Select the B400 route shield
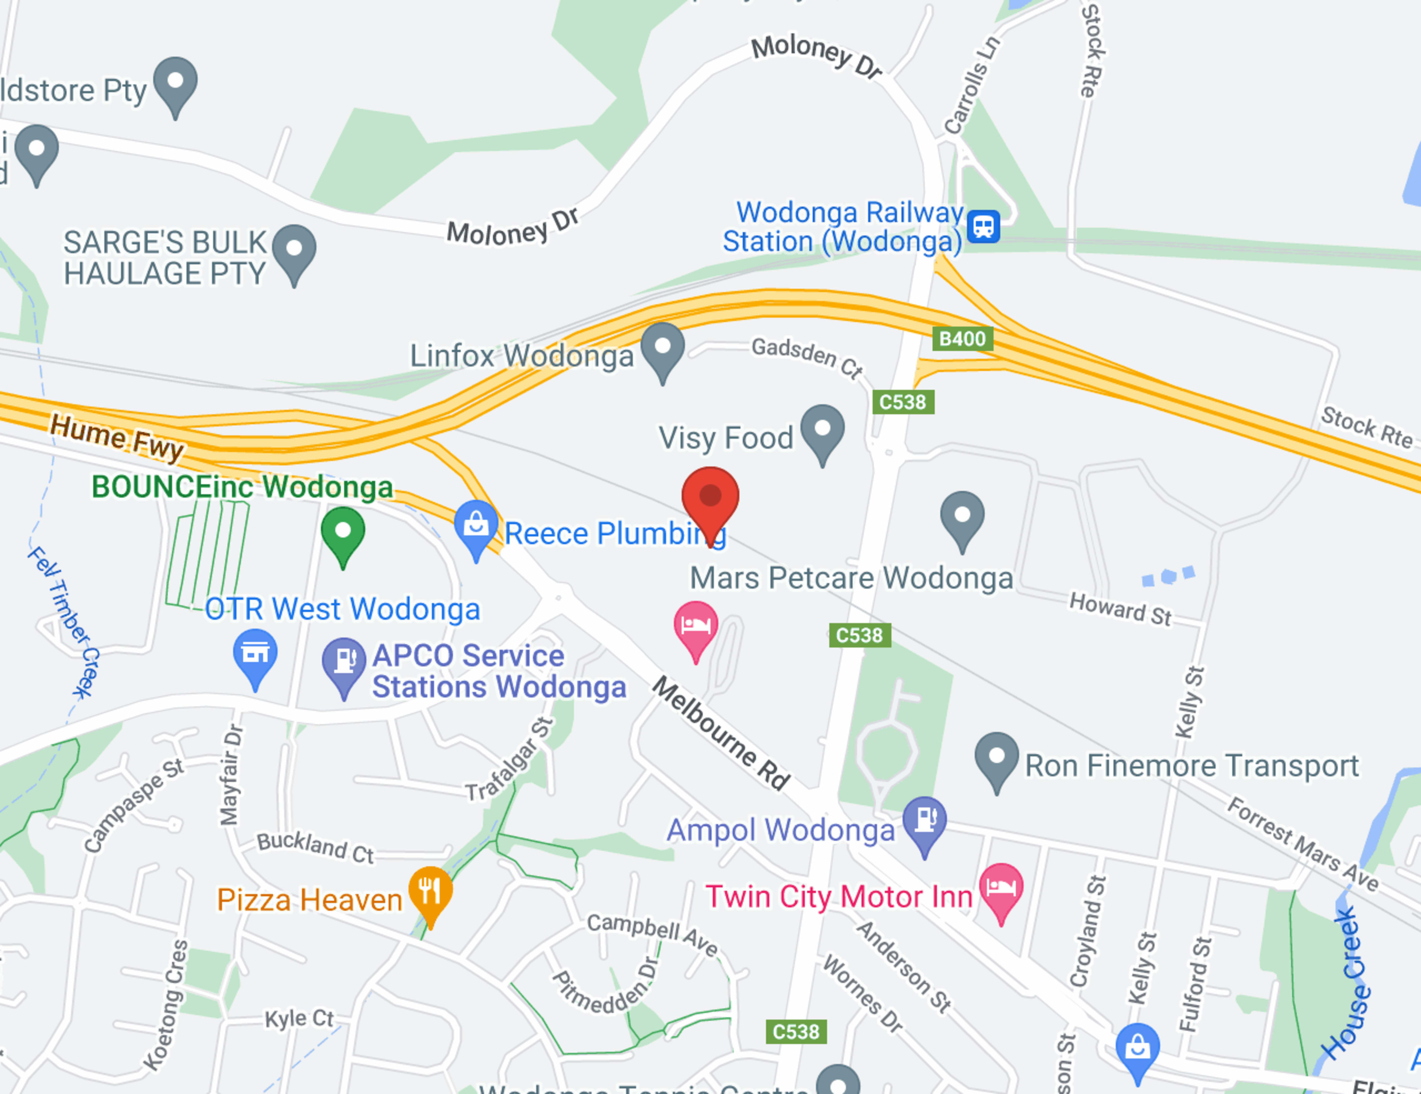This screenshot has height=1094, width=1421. tap(962, 338)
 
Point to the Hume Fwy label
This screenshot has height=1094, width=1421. tap(117, 437)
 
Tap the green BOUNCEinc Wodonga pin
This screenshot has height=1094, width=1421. tap(343, 532)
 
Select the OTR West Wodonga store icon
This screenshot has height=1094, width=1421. tap(255, 653)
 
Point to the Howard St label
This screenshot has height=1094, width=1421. tap(1120, 609)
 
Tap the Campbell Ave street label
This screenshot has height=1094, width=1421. tap(652, 934)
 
